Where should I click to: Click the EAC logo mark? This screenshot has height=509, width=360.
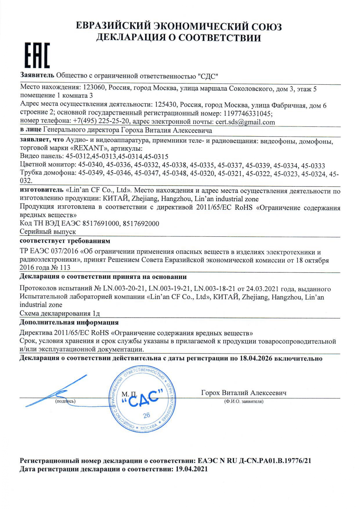pyautogui.click(x=37, y=55)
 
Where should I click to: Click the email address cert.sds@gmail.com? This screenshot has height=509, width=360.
pyautogui.click(x=245, y=122)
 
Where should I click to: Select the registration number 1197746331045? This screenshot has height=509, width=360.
pyautogui.click(x=248, y=113)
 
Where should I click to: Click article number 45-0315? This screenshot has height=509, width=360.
pyautogui.click(x=156, y=157)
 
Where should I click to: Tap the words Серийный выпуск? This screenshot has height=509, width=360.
pyautogui.click(x=48, y=232)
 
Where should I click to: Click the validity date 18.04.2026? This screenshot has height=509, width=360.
pyautogui.click(x=256, y=358)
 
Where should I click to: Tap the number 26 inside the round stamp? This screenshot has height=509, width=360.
pyautogui.click(x=147, y=415)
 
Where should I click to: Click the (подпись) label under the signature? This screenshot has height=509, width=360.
pyautogui.click(x=65, y=401)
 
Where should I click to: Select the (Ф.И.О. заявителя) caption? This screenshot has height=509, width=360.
pyautogui.click(x=244, y=401)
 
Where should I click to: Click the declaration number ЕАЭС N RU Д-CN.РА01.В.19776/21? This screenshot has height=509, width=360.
pyautogui.click(x=254, y=461)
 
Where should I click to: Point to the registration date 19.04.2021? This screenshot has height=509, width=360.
pyautogui.click(x=192, y=469)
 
